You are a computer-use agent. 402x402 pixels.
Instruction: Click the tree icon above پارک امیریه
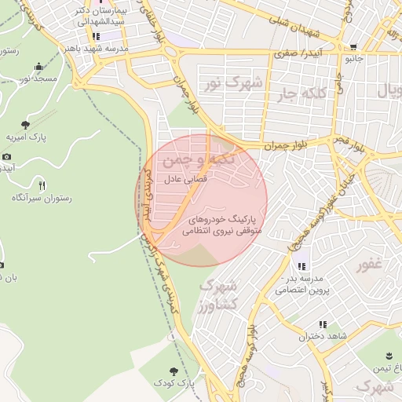[26, 125]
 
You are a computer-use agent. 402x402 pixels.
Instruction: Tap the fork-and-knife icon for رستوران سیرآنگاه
[42, 185]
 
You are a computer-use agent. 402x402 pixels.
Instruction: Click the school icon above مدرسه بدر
[302, 266]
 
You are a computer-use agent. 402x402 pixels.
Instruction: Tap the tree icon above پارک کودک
[174, 370]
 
